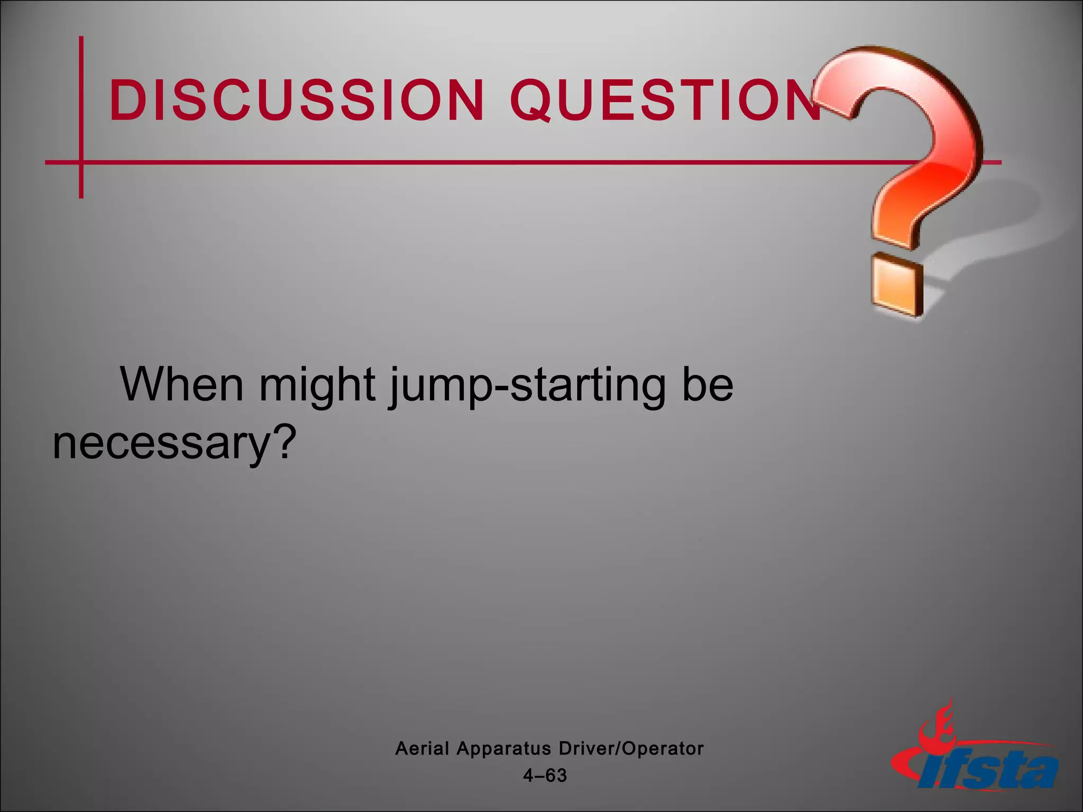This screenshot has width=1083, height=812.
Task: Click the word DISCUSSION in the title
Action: click(x=296, y=99)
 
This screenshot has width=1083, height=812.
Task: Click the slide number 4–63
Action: click(x=545, y=776)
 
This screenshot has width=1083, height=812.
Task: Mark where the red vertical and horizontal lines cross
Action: click(x=81, y=162)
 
